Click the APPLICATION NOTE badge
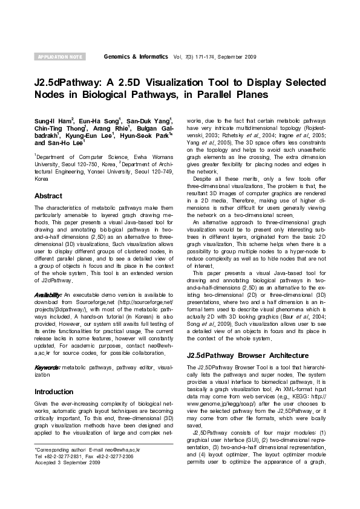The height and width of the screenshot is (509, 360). pyautogui.click(x=60, y=57)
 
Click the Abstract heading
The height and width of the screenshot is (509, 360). pyautogui.click(x=48, y=196)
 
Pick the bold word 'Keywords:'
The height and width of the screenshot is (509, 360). pyautogui.click(x=48, y=367)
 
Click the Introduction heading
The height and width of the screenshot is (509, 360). pyautogui.click(x=54, y=392)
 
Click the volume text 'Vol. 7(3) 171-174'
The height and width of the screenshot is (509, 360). pyautogui.click(x=194, y=56)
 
